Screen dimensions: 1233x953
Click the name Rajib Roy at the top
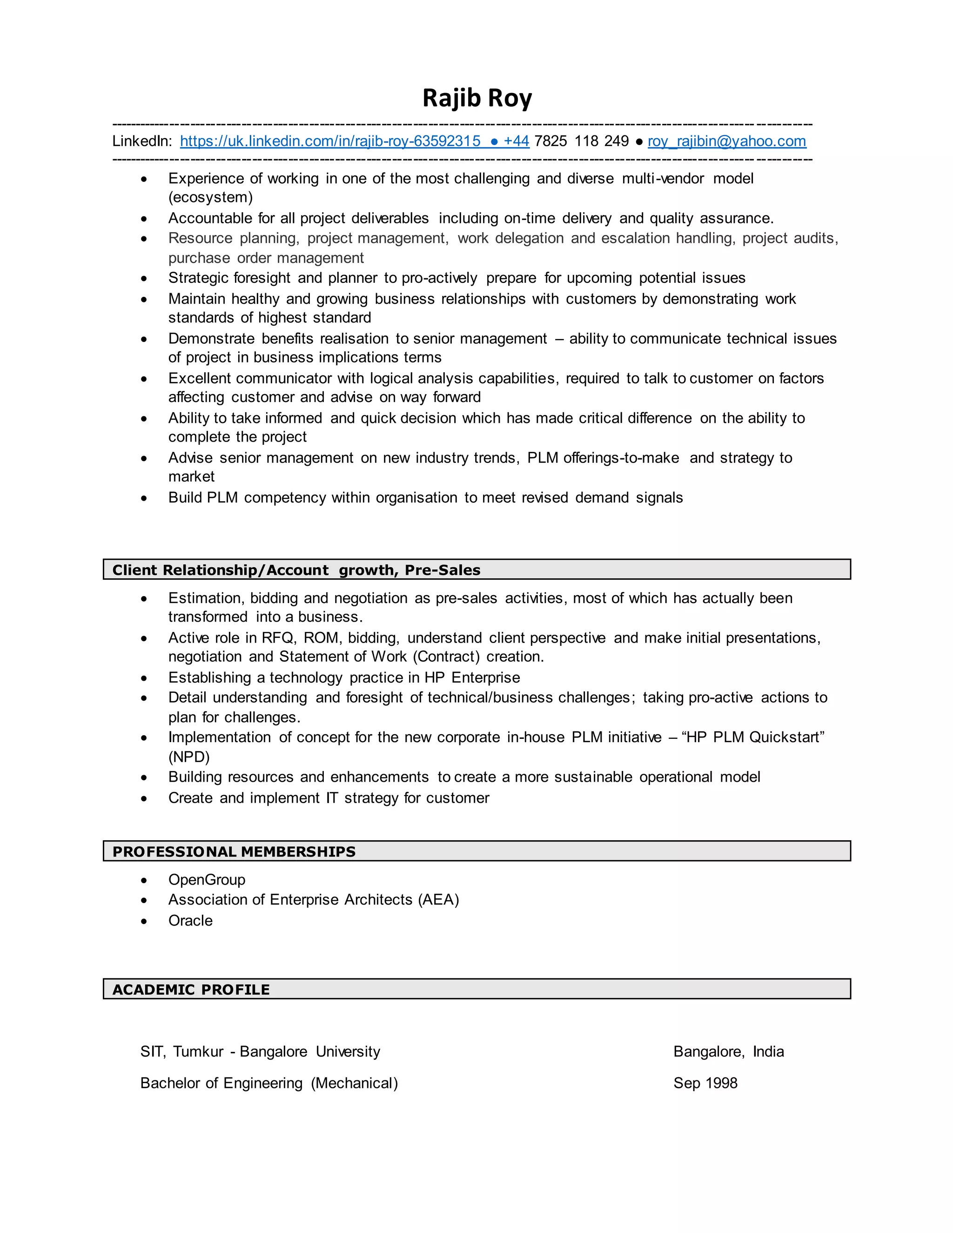click(477, 98)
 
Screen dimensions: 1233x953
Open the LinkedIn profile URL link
click(330, 141)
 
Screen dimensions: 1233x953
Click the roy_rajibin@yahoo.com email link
click(726, 141)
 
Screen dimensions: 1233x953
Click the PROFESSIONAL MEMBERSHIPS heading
click(234, 851)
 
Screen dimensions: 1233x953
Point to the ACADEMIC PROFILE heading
click(191, 989)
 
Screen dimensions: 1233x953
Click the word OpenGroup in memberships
click(207, 879)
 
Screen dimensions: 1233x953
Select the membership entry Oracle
click(190, 920)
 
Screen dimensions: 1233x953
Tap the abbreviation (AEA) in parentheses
click(438, 899)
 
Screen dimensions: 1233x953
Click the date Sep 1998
click(705, 1083)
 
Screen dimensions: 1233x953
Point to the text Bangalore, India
click(728, 1051)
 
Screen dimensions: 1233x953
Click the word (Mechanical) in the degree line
click(354, 1083)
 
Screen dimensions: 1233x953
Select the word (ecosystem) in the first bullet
click(210, 197)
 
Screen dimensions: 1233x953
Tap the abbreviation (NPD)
click(188, 757)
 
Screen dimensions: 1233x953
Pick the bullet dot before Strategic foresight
click(144, 278)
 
